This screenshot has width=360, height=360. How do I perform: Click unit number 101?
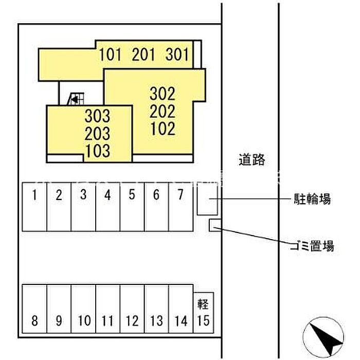[x=110, y=55]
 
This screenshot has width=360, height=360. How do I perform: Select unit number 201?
[x=143, y=55]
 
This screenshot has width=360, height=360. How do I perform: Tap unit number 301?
[x=177, y=55]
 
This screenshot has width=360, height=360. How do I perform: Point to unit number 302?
[x=163, y=94]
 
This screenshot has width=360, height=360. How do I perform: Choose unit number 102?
[x=163, y=129]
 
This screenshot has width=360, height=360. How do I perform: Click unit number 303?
[x=98, y=116]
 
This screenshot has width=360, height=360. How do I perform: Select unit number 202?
[x=163, y=111]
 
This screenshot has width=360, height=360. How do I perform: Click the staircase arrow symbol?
[x=75, y=100]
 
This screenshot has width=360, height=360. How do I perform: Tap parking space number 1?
[x=34, y=195]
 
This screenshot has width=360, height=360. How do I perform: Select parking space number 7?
[x=181, y=195]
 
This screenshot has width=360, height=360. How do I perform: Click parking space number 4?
[x=107, y=195]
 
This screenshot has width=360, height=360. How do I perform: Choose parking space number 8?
[x=34, y=320]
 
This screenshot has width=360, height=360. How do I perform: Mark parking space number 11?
[x=107, y=320]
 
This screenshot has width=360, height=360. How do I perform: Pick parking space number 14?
[x=181, y=320]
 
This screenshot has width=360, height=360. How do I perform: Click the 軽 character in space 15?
[x=203, y=304]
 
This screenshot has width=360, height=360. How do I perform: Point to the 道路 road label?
[x=252, y=160]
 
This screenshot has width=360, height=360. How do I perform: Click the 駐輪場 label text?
[x=312, y=199]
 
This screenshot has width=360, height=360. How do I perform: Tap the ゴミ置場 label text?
[x=312, y=246]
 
